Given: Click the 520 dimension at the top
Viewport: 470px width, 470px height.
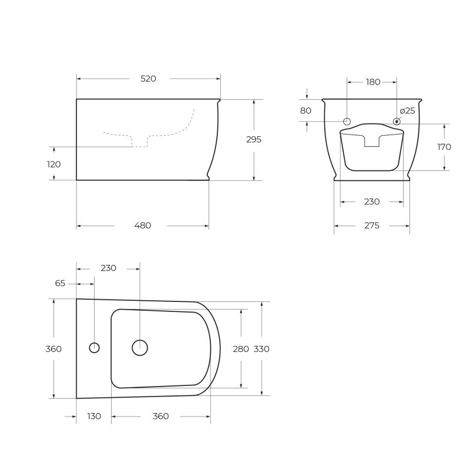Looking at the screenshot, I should (x=148, y=79).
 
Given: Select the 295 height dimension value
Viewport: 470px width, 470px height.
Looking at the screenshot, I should (x=254, y=140).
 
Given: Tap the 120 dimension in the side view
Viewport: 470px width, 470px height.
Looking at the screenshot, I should (x=53, y=164).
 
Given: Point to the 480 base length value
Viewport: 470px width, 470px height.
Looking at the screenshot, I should (x=143, y=226).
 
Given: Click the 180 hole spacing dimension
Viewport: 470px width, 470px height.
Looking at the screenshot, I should (x=373, y=82).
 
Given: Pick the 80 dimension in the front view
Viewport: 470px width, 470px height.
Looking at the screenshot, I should (x=305, y=110).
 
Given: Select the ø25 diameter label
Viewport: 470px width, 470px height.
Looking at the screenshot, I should (x=407, y=110).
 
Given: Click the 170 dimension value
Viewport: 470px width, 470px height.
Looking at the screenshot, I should (x=444, y=147).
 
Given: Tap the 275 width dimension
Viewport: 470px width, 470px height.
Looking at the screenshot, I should (x=371, y=226).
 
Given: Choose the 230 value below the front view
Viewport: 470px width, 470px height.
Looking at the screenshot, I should (x=371, y=202).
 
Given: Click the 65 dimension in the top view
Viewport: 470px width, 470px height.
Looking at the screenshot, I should (x=60, y=283).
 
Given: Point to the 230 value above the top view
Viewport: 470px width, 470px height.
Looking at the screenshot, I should (x=108, y=268).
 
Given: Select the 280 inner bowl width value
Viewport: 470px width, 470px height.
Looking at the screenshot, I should (x=241, y=349).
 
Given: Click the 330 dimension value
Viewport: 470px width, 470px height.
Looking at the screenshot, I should (x=261, y=349).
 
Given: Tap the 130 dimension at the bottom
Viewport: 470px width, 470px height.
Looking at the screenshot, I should (x=93, y=416).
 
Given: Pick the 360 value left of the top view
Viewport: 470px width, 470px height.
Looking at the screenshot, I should (x=53, y=349).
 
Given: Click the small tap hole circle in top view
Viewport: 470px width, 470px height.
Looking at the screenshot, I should (x=94, y=347).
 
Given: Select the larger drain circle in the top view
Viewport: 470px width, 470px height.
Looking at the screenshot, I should (x=140, y=347).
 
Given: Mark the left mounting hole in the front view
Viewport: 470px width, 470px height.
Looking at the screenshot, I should (x=347, y=122).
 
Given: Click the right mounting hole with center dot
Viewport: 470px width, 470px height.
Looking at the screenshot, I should (x=397, y=122).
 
